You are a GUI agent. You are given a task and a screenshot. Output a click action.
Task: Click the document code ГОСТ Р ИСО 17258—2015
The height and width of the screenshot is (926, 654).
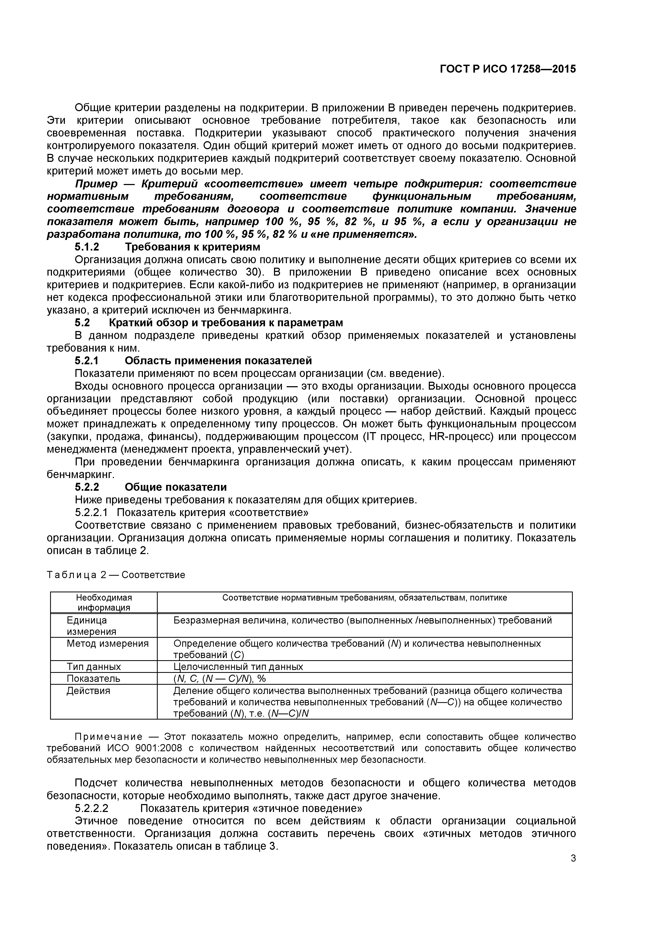tap(508, 69)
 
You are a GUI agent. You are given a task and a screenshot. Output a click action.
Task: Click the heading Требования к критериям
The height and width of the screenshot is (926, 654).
tap(192, 247)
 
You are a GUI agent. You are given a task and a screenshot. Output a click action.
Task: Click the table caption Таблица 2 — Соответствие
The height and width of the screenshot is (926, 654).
tap(116, 575)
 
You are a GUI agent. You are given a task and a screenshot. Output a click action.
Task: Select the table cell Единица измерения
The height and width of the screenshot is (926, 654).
tap(91, 626)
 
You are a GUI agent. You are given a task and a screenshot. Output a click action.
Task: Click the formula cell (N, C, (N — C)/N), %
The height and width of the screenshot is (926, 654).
tap(219, 678)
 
